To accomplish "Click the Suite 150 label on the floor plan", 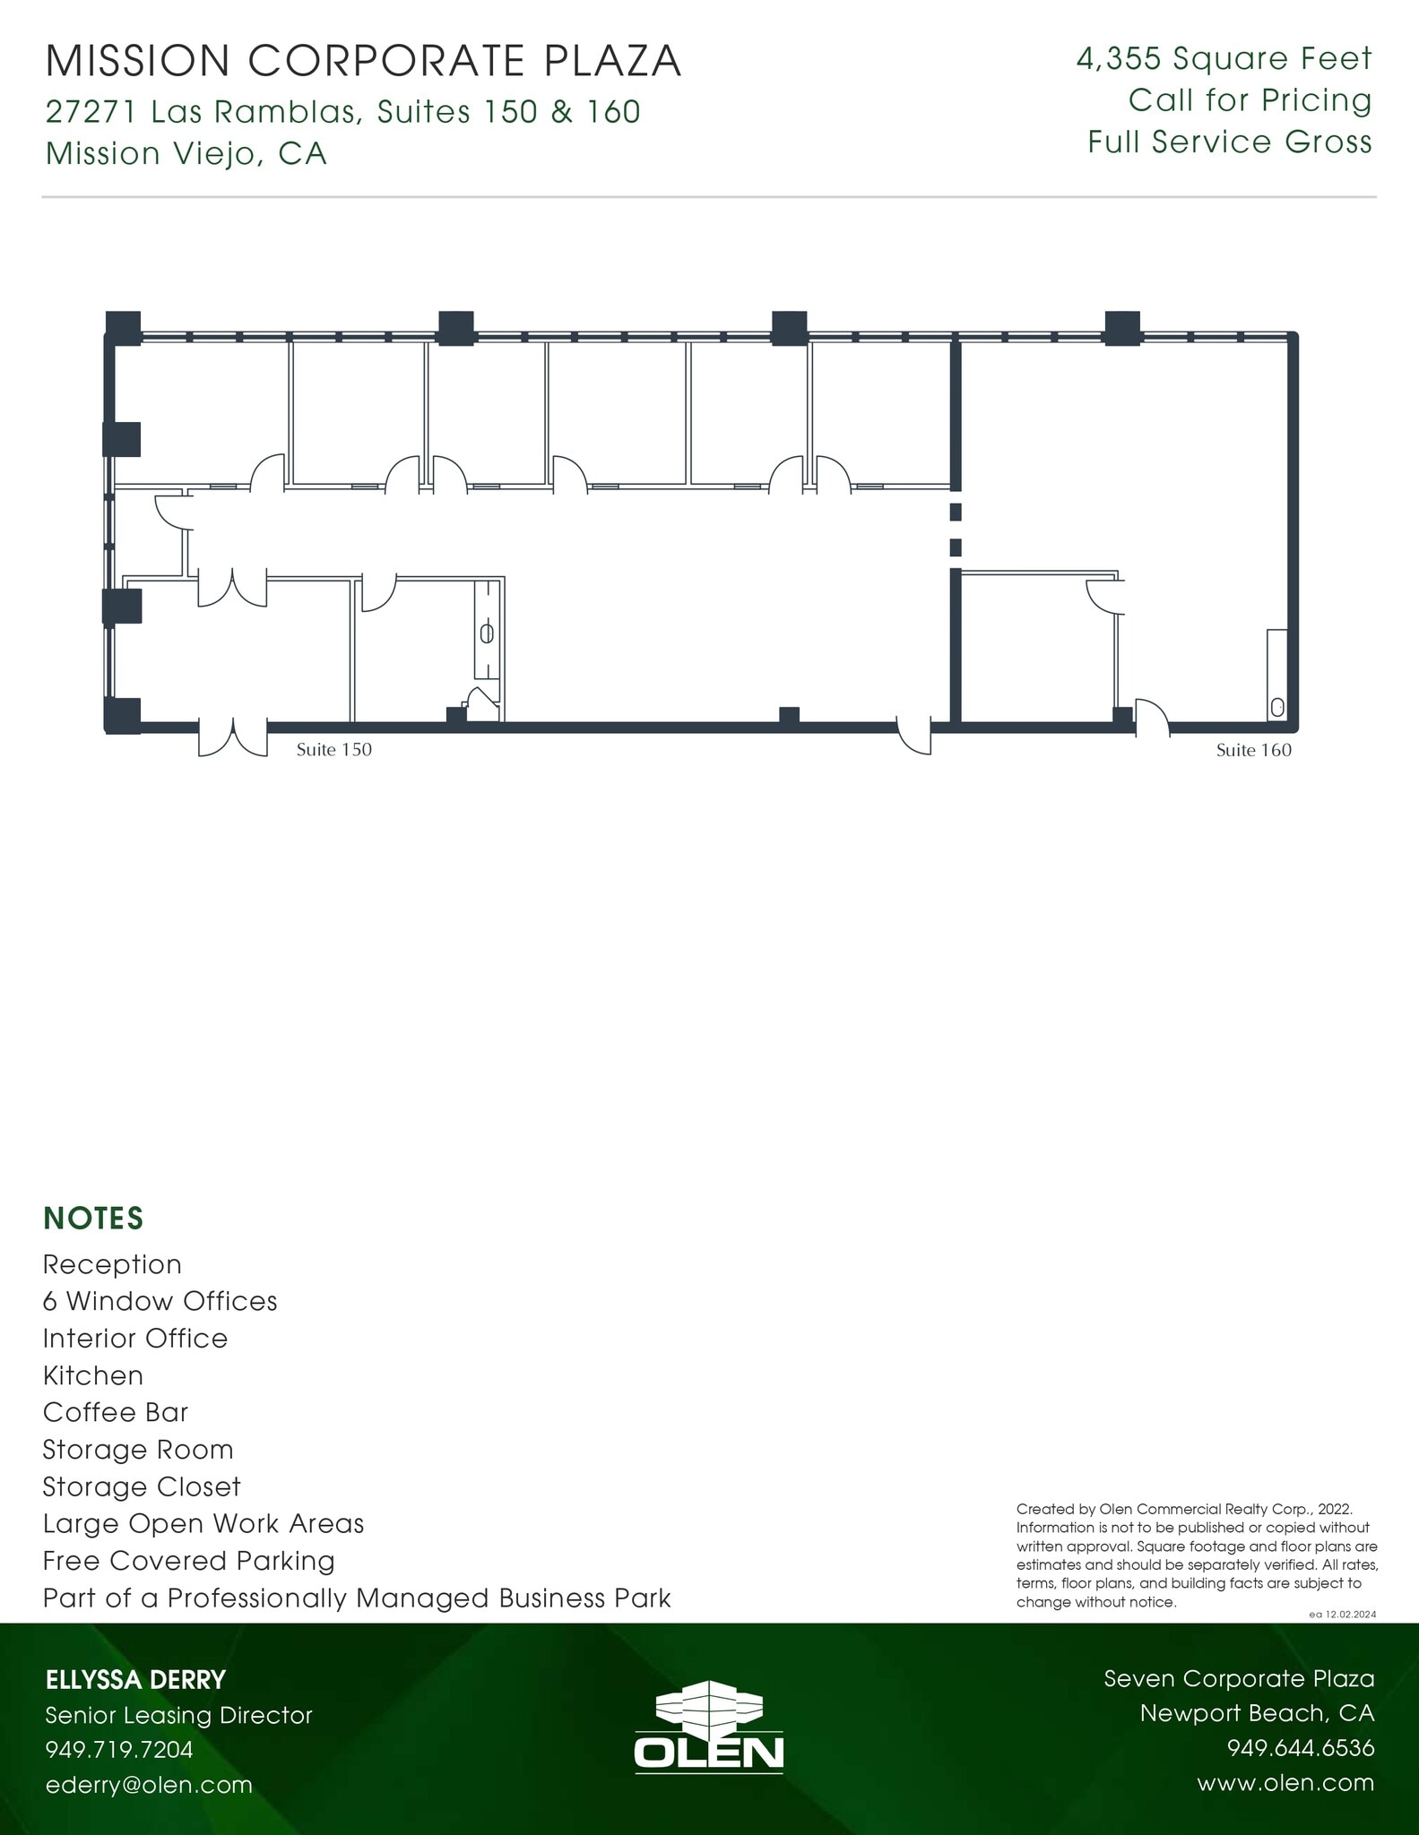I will click(x=333, y=750).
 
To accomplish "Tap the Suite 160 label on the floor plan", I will click(x=1253, y=751).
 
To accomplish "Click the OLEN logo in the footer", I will click(x=709, y=1727).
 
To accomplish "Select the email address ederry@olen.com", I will click(x=149, y=1784).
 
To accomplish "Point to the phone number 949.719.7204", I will click(x=119, y=1749).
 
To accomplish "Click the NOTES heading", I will click(x=93, y=1219).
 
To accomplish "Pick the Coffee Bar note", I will click(x=116, y=1412).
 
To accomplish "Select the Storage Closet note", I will click(x=142, y=1486).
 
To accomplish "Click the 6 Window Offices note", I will click(x=160, y=1301).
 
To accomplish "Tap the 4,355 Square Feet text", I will click(x=1224, y=59).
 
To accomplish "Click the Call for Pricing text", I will click(x=1250, y=100).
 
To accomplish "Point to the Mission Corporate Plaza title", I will click(x=363, y=61).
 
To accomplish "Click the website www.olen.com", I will click(x=1285, y=1782).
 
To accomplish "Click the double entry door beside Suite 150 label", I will click(x=233, y=737).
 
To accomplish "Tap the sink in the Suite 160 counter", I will click(x=1277, y=707).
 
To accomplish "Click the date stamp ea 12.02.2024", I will click(x=1342, y=1614).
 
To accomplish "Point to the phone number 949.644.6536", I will click(x=1300, y=1748).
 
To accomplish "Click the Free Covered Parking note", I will click(x=188, y=1561).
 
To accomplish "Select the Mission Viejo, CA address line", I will click(x=186, y=154).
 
